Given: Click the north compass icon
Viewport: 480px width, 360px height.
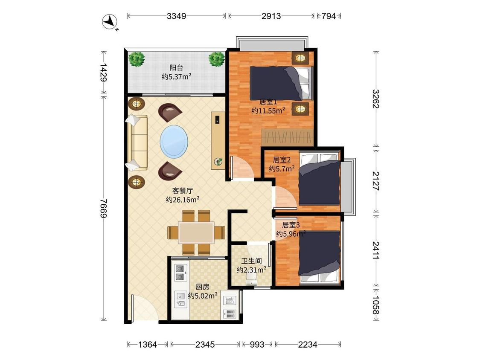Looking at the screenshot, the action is tap(110, 22).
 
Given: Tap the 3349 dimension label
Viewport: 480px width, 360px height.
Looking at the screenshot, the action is tap(176, 16).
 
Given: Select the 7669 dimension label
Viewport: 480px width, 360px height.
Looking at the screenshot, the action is tap(104, 208).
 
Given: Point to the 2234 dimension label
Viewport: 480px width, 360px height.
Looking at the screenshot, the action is tap(307, 345).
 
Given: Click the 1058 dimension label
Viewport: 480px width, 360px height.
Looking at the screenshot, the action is tap(376, 305).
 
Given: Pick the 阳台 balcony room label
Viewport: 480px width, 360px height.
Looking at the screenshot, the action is tap(176, 68).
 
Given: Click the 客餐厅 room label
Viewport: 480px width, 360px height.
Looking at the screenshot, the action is tap(183, 191).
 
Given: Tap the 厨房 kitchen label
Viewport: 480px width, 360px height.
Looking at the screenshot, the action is tap(203, 287).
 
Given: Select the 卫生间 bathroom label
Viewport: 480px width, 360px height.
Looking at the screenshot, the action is tap(251, 261).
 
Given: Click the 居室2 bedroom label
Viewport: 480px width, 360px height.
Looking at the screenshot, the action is tap(282, 160).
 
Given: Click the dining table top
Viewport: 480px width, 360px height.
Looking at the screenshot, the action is tap(196, 232).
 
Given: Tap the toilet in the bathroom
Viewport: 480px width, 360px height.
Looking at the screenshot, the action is tap(251, 279).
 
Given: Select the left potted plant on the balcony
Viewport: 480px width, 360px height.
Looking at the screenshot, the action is tap(137, 59).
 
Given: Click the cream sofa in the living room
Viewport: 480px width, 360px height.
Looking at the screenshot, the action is tap(137, 142).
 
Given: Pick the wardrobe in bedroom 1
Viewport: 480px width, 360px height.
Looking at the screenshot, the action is tap(288, 137).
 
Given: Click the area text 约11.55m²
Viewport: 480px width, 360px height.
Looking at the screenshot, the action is tap(268, 110).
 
